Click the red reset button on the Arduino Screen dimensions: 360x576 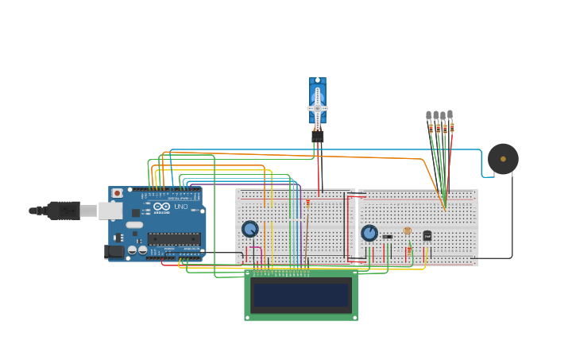tap(118, 193)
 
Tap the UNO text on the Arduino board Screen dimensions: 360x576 tap(180, 207)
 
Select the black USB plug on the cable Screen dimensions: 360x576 tap(64, 211)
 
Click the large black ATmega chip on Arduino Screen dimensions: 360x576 tap(173, 238)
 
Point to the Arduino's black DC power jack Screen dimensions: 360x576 tap(114, 251)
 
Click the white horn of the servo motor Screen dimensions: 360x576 tap(318, 108)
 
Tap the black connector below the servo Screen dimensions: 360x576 tap(318, 136)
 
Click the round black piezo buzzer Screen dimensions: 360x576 tap(503, 159)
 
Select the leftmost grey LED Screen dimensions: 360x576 tap(429, 115)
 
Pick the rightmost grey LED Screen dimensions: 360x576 tap(450, 114)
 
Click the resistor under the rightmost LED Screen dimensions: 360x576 tap(452, 127)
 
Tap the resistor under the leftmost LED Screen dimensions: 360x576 tap(431, 127)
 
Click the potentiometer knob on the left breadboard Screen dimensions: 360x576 tap(250, 229)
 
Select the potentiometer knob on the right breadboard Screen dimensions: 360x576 tap(369, 233)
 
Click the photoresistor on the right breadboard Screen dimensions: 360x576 tap(408, 231)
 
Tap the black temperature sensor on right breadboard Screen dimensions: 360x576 tap(427, 236)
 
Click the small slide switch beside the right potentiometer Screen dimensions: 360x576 tap(387, 236)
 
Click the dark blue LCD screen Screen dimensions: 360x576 tap(300, 295)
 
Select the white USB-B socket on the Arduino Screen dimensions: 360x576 tap(89, 211)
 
